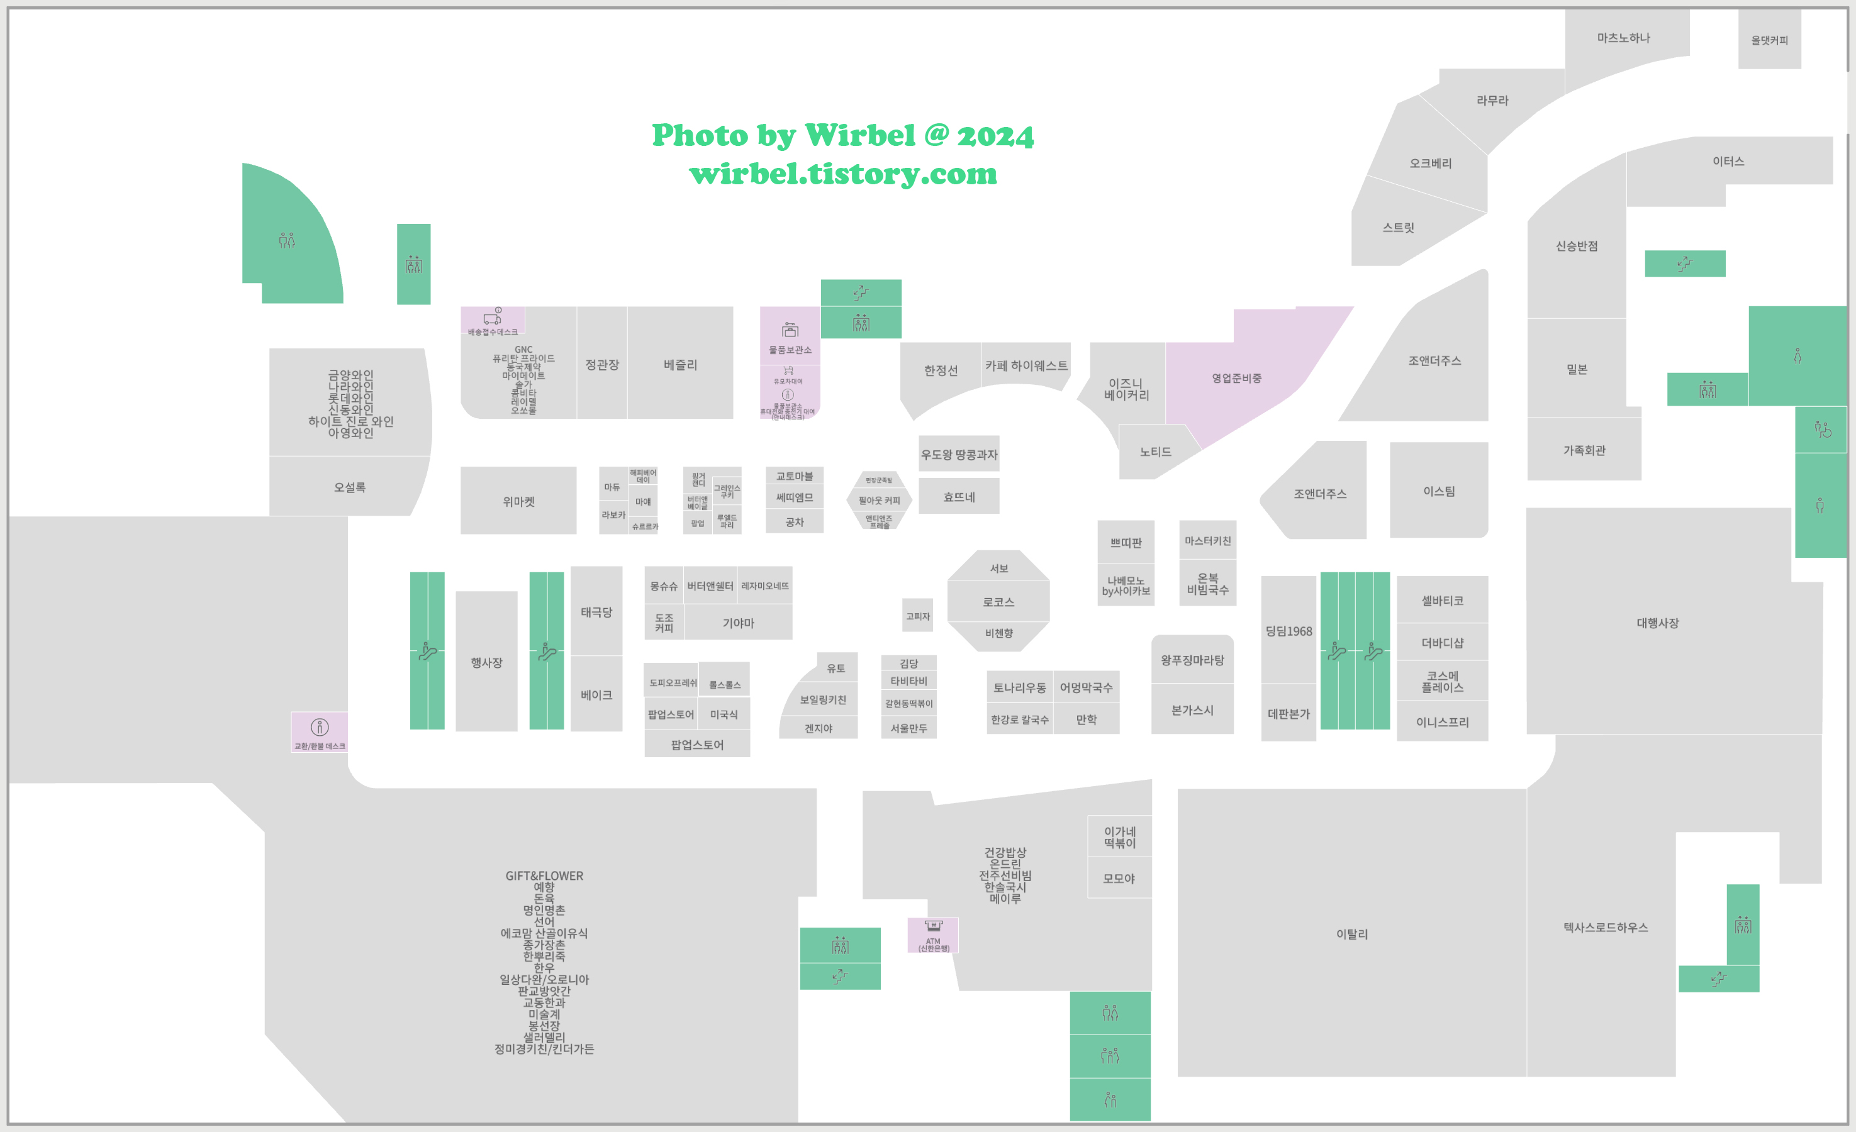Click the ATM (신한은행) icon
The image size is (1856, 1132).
[933, 926]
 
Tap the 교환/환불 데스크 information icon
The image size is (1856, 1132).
[320, 727]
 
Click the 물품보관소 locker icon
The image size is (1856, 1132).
[790, 330]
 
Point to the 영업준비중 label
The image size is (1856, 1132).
[1236, 378]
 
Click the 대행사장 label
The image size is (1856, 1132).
[1657, 623]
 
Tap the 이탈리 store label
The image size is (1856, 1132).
[1351, 934]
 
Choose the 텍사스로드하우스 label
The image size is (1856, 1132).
[1605, 927]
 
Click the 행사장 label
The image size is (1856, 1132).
[486, 662]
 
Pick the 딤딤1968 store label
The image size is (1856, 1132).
[1288, 631]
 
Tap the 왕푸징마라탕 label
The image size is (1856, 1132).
[1192, 660]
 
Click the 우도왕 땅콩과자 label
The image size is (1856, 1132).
[958, 454]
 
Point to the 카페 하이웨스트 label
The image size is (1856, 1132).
[1026, 365]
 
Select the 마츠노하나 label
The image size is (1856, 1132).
[1623, 38]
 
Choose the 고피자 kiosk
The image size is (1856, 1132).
[917, 616]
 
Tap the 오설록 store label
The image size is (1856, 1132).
[350, 487]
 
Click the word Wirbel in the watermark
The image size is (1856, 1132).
[859, 136]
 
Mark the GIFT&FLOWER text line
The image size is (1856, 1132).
[544, 876]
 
